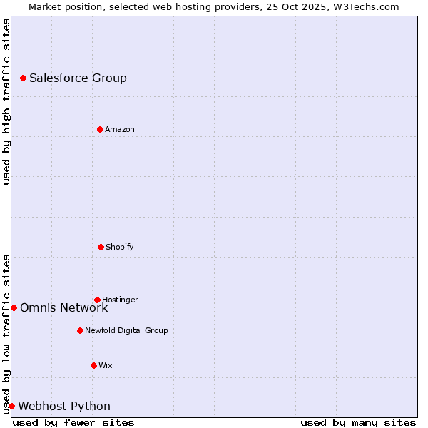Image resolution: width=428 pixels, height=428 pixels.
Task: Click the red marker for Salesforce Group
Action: tap(24, 78)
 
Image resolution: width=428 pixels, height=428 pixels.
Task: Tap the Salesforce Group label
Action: tap(78, 78)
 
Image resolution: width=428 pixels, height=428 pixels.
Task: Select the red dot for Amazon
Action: tap(101, 129)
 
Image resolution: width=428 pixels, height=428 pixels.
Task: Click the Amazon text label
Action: tap(120, 130)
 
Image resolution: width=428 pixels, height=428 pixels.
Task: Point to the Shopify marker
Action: tap(101, 247)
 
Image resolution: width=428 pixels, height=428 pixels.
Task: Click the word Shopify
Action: tap(120, 248)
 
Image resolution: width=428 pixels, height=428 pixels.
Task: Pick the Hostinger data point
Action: tap(97, 300)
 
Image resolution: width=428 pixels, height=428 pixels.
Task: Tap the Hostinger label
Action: tap(120, 300)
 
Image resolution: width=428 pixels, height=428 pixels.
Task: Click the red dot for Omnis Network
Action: tap(14, 307)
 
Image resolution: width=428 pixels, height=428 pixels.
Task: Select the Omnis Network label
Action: tap(63, 308)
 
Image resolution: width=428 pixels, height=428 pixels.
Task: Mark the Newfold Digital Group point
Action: tap(80, 330)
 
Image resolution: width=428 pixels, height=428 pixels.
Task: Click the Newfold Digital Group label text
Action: tap(126, 331)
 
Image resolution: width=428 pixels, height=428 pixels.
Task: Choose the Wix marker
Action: tap(93, 365)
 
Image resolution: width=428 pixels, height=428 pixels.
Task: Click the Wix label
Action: tap(106, 366)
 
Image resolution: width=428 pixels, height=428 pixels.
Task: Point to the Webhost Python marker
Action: tap(12, 406)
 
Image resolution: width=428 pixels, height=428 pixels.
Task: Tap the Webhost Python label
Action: tap(64, 407)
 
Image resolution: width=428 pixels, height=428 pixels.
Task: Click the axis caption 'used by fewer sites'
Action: tap(73, 422)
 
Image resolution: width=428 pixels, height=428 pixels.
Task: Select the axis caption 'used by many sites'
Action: tap(358, 422)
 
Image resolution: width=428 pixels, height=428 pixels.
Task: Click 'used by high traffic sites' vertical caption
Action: tap(6, 101)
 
